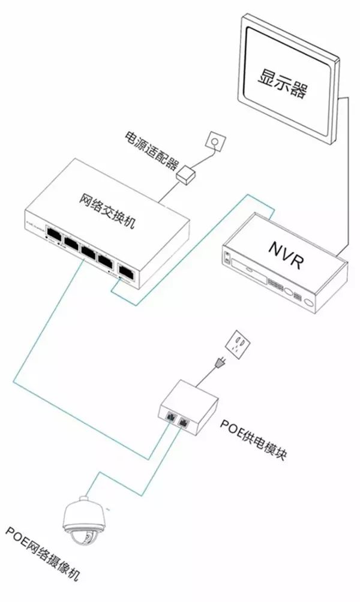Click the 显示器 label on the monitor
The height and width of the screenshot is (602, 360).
(282, 83)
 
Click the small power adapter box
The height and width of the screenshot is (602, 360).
(187, 174)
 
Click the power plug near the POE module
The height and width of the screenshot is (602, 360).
(218, 364)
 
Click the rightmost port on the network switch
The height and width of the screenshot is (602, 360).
(127, 271)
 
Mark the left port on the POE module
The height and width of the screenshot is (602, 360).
(170, 414)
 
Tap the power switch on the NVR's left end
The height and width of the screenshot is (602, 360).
(226, 258)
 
